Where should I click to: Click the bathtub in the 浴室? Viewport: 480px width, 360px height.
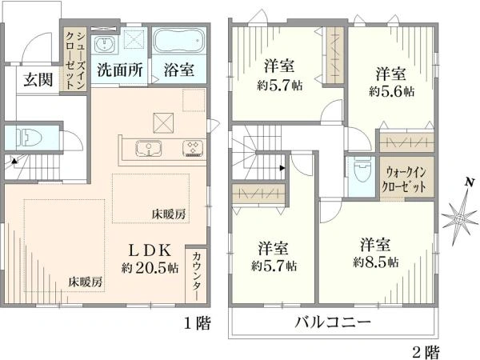178,42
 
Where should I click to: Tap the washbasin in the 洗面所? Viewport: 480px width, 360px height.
104,45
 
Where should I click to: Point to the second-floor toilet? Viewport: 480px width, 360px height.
362,172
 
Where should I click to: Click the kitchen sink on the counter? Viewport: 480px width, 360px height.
149,148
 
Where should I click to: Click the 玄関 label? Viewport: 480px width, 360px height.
38,79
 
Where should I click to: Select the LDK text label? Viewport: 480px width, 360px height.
150,251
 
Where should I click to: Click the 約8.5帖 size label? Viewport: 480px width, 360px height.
376,262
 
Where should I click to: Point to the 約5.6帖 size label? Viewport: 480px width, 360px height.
391,91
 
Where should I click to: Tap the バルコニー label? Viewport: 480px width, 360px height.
333,322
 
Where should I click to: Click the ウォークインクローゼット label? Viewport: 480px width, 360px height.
406,179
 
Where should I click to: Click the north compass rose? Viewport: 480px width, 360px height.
459,218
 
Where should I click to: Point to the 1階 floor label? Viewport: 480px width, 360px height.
197,323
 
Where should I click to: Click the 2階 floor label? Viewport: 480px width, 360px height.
426,352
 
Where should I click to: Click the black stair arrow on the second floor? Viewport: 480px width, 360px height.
282,168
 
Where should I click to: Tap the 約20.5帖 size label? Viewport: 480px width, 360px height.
150,268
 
